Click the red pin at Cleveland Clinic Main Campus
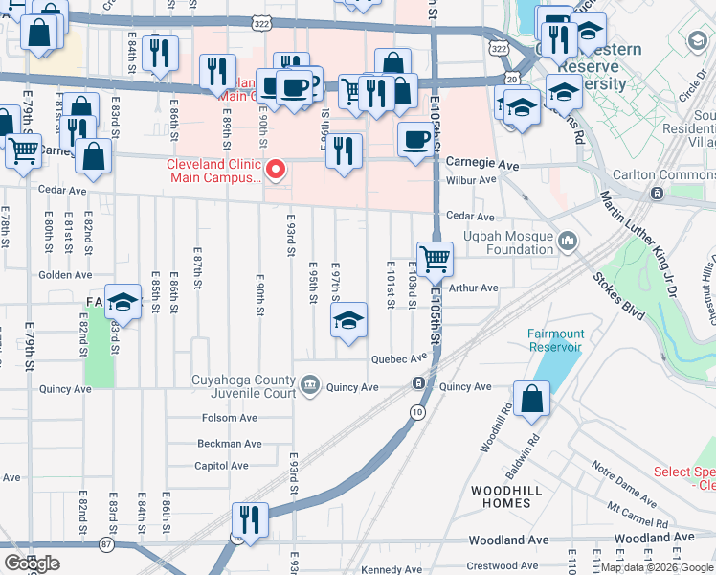tap(277, 170)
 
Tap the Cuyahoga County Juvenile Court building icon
tap(309, 386)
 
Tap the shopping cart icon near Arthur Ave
tap(435, 258)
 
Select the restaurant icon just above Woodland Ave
tap(250, 520)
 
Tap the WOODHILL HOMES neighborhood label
tap(501, 496)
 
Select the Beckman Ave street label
tap(229, 444)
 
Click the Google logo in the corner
tap(32, 563)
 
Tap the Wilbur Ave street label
tap(472, 179)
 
